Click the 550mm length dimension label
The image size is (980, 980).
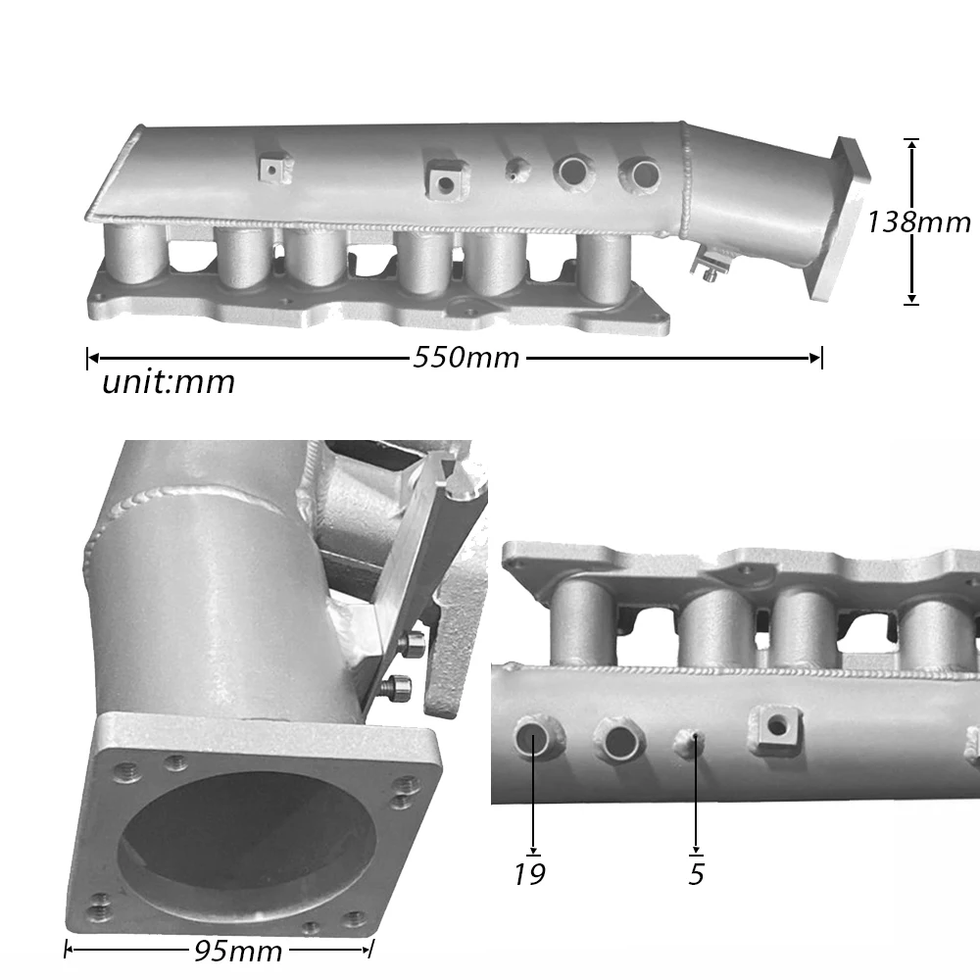(x=465, y=358)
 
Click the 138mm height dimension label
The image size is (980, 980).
(x=918, y=222)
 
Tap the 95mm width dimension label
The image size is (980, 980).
(x=237, y=950)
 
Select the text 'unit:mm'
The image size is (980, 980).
(x=169, y=382)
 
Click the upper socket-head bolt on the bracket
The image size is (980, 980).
(x=413, y=644)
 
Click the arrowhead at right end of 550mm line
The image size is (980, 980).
(x=815, y=359)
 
